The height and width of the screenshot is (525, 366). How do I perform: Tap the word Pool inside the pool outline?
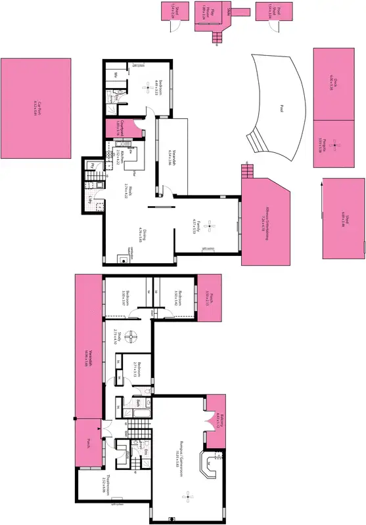tap(281, 108)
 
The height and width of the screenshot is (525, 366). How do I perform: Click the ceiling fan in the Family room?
tap(209, 226)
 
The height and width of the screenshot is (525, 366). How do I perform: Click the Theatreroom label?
tap(104, 486)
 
